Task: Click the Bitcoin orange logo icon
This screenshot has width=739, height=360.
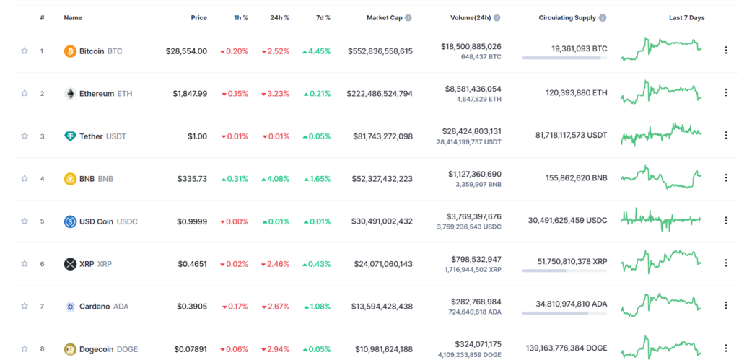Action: (70, 51)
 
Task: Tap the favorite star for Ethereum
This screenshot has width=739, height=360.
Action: (25, 93)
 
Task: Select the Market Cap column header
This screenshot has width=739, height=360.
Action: (385, 18)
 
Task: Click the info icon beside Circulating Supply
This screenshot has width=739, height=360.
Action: (603, 18)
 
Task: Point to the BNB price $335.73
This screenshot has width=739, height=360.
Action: (192, 179)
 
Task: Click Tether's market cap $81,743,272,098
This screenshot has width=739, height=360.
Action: (382, 136)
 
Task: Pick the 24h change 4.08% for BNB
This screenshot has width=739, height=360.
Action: (275, 179)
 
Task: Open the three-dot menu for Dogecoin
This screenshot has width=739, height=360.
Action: (726, 348)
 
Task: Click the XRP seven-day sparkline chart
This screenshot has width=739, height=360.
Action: (661, 261)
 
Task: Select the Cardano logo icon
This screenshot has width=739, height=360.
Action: (70, 307)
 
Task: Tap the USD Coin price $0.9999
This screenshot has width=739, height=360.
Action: (192, 221)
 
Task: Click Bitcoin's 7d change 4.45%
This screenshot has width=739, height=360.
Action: (317, 51)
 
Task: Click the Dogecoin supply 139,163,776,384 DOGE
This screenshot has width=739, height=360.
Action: (567, 348)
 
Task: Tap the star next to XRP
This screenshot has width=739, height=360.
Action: (25, 264)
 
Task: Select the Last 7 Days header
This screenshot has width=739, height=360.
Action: (687, 18)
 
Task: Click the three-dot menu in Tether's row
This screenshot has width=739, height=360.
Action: (726, 136)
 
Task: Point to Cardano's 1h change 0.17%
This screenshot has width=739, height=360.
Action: (235, 307)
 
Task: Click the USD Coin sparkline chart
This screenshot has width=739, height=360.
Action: (661, 219)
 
